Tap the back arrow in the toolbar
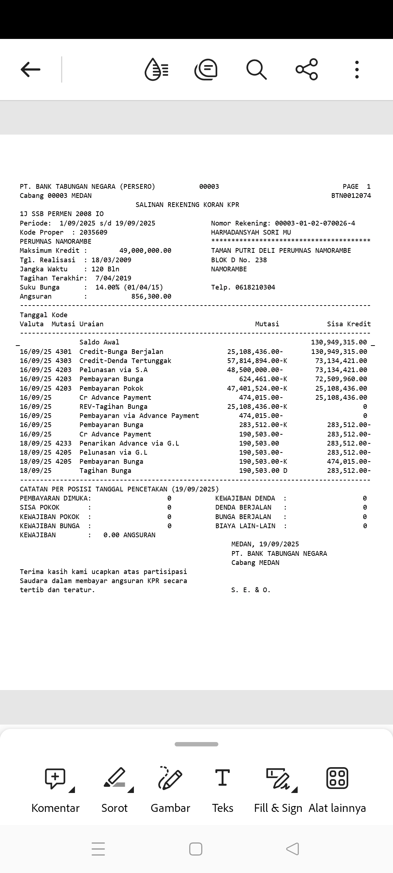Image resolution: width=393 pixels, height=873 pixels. tap(31, 69)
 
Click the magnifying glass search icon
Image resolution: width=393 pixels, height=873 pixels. tap(257, 69)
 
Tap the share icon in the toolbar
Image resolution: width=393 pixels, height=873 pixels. tap(307, 69)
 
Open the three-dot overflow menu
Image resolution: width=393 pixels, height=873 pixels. tap(357, 69)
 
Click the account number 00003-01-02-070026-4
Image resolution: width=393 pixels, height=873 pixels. tap(315, 223)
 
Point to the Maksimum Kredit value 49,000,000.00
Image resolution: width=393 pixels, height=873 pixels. tap(145, 251)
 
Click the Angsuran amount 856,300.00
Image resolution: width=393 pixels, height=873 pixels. tap(151, 296)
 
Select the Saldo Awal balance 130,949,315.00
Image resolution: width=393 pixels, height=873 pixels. tap(339, 342)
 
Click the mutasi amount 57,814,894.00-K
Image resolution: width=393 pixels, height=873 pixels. tap(257, 361)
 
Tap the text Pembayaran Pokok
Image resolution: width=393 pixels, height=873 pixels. tap(111, 388)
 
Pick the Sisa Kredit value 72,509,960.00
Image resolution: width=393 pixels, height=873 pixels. tap(341, 379)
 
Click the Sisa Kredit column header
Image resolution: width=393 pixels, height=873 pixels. tap(349, 324)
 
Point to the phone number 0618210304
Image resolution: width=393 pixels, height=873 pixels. tap(255, 287)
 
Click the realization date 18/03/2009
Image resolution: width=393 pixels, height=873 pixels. tap(111, 260)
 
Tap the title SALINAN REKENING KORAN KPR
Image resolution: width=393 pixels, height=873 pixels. tap(187, 205)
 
